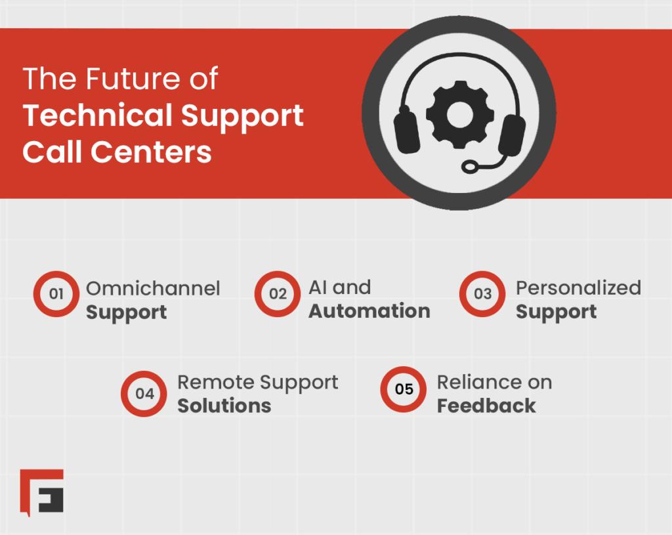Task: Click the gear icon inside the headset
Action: tap(455, 114)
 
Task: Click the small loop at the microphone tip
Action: tap(471, 167)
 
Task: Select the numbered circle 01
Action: tap(56, 293)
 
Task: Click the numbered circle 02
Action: tap(278, 293)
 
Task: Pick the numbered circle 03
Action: tap(482, 293)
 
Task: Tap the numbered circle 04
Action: tap(144, 394)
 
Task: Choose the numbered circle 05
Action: tap(404, 389)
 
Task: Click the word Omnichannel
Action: tap(153, 288)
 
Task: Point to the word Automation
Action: tap(369, 311)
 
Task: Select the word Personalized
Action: tap(577, 288)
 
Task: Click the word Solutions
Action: tap(224, 406)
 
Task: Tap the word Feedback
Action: tap(486, 406)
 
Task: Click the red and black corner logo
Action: tap(41, 490)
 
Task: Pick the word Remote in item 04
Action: tap(215, 382)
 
